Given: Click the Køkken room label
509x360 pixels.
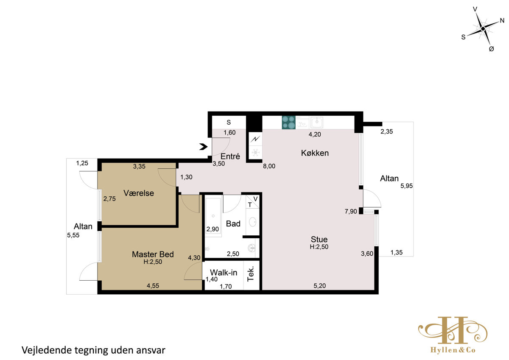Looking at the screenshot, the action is [x=315, y=153].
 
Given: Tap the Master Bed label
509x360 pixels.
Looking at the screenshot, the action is [x=153, y=254].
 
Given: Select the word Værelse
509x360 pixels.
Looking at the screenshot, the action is [x=139, y=193].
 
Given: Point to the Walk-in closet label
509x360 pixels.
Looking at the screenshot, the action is [x=224, y=272].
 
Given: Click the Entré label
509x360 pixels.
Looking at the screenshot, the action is [x=230, y=156].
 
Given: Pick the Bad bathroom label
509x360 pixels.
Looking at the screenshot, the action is [x=233, y=224].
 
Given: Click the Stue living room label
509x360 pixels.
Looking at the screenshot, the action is [x=319, y=239].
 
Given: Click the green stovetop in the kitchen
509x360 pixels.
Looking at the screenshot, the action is [x=288, y=123].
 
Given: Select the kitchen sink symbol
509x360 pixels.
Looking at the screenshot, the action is [x=316, y=122].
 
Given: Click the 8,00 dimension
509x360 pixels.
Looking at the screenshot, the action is [x=269, y=166].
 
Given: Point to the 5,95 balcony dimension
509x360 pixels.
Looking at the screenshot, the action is [x=406, y=186].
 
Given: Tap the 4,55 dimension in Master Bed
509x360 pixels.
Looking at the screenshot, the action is [x=153, y=285].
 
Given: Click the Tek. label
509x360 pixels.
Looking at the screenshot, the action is [x=250, y=274].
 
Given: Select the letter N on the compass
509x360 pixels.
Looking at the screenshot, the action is [x=502, y=21].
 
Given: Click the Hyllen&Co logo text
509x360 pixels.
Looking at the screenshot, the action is [x=453, y=350].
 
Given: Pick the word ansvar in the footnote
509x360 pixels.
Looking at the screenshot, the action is [x=151, y=351].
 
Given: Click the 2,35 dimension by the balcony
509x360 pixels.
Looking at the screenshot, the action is [x=387, y=131].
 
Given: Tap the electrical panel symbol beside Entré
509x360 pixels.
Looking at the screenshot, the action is [x=255, y=139].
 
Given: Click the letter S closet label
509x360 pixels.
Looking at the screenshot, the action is [x=229, y=123].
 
